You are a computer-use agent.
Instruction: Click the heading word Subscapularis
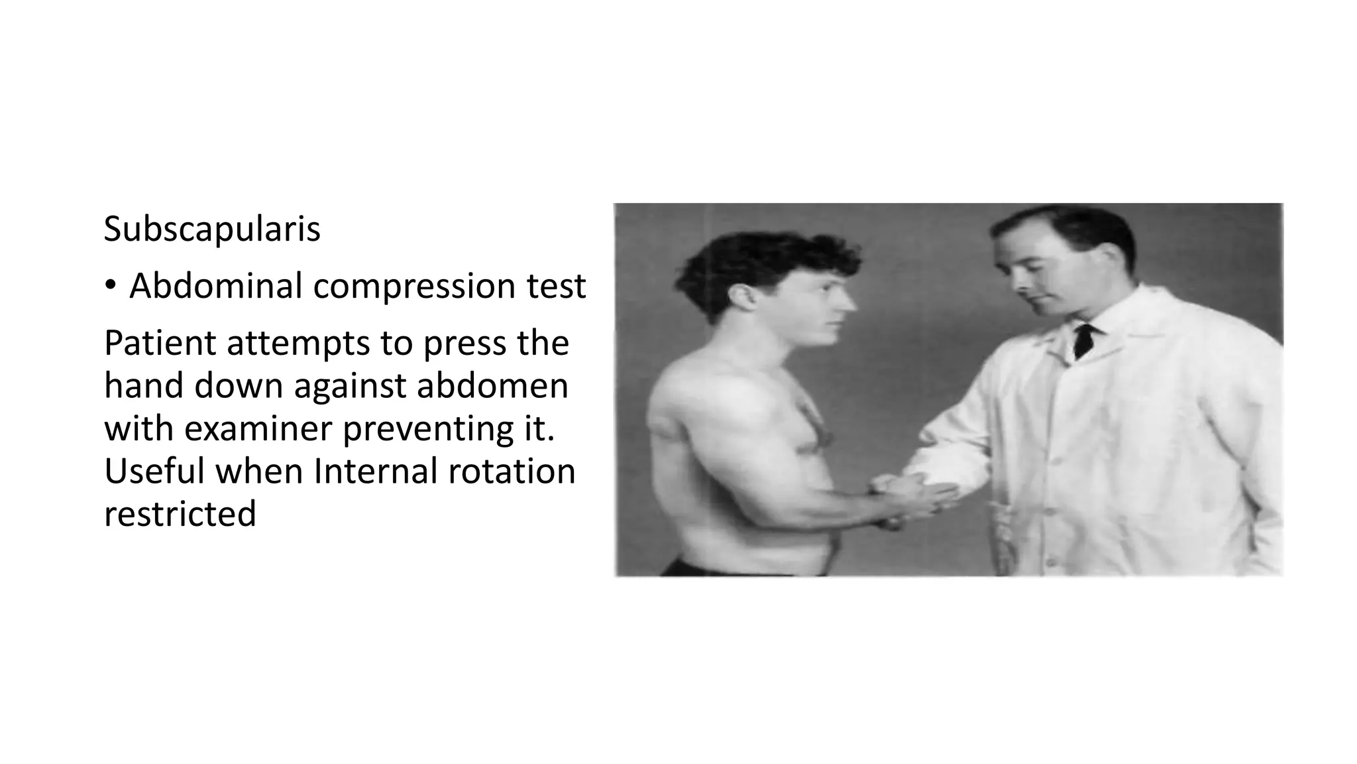212,229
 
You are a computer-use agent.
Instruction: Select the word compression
414,286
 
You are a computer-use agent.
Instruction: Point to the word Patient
160,344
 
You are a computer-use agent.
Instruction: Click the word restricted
180,513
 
